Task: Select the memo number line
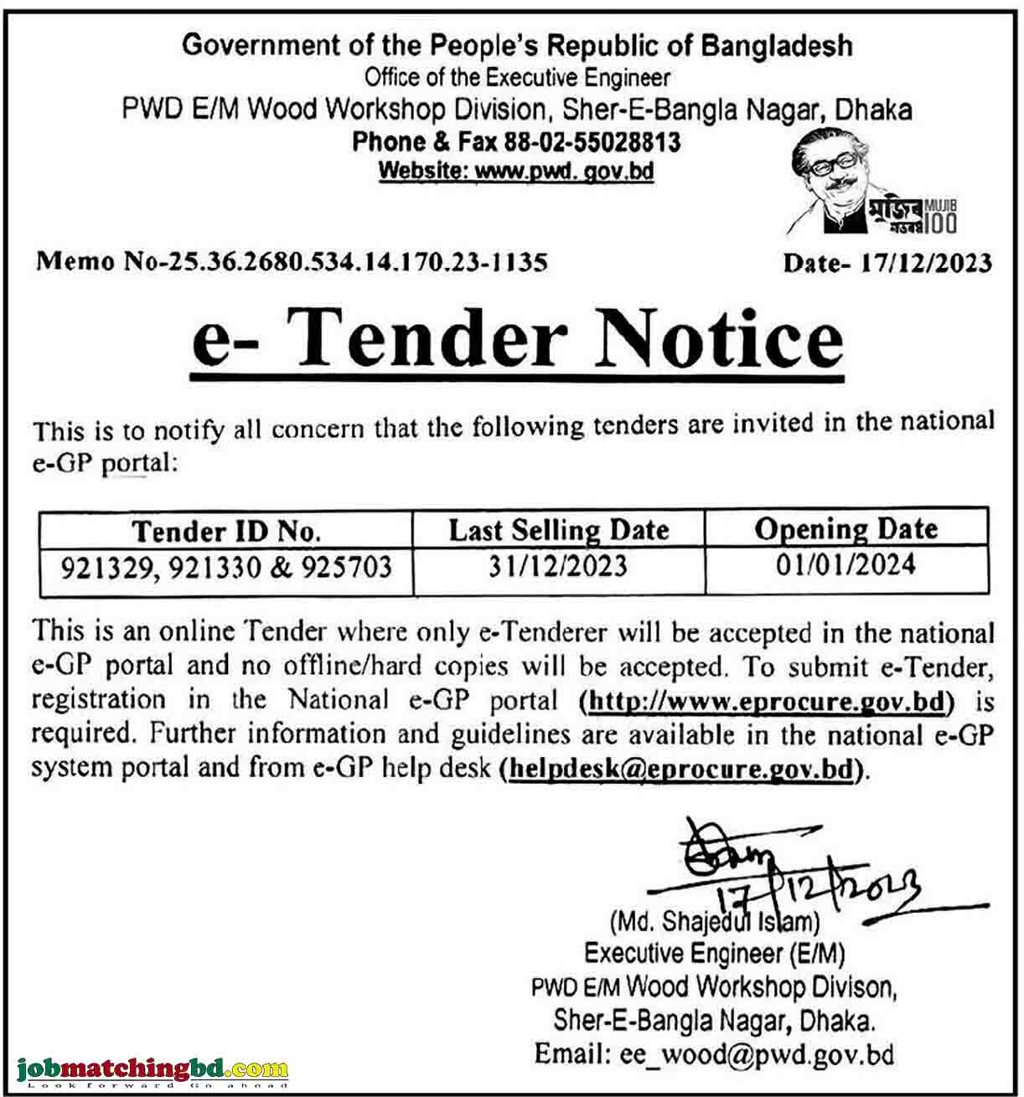coord(292,262)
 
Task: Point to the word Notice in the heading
coord(718,339)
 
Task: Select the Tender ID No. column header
coord(226,531)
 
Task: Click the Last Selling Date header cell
coord(559,530)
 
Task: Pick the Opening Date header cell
coord(846,529)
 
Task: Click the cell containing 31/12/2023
coord(558,567)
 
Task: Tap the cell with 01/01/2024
coord(846,565)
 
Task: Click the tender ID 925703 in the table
coord(346,568)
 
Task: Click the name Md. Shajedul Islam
coord(715,922)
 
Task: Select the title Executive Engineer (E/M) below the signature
coord(714,953)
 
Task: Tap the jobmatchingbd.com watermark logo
coord(152,1069)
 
